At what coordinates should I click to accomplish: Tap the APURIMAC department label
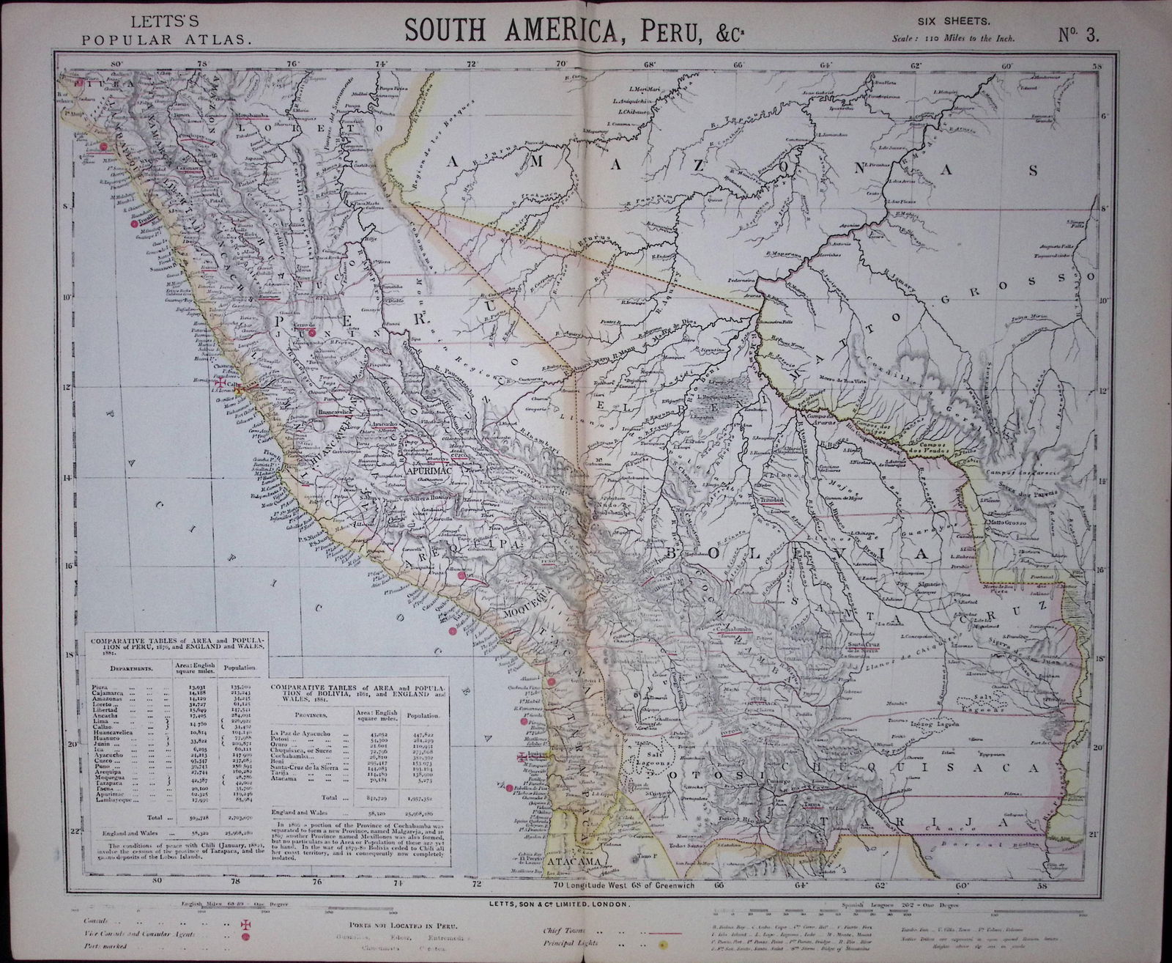pos(428,473)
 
